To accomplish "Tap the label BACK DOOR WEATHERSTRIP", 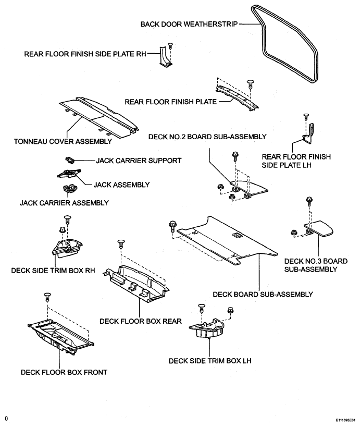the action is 189,24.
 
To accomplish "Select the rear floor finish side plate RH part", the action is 166,56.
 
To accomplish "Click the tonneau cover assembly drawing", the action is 99,116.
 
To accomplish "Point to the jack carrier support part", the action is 70,160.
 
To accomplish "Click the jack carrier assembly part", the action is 70,188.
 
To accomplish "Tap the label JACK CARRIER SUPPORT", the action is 139,161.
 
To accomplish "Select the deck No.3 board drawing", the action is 318,229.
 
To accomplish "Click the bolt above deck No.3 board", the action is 309,201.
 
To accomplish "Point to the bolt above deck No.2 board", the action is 235,156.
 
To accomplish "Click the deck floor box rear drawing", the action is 136,284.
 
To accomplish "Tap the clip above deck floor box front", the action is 47,297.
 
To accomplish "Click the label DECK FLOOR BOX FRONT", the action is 64,372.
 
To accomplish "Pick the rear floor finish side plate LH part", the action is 308,133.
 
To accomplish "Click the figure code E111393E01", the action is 345,420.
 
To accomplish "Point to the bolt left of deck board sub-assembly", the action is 172,226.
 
